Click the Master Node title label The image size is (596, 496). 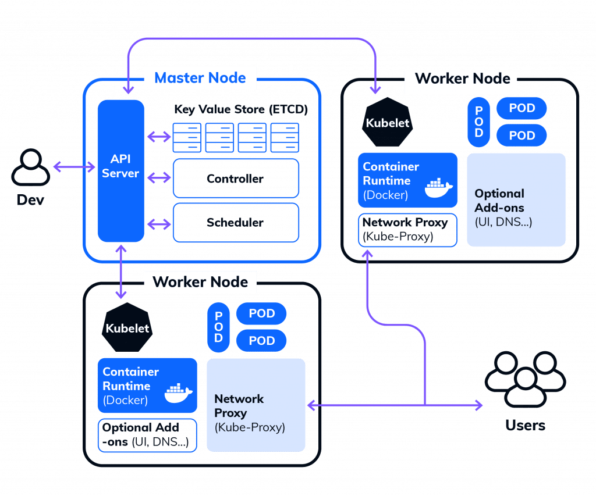point(200,78)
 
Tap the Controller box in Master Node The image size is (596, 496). point(236,179)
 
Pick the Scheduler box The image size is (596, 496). point(236,223)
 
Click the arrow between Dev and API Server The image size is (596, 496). point(74,167)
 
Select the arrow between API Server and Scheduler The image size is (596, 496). point(158,223)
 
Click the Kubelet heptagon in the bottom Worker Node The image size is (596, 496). point(127,327)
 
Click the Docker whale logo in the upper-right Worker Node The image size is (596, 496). point(438,188)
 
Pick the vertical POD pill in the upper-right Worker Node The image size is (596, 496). point(478,122)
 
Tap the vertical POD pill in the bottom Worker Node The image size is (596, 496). point(219,327)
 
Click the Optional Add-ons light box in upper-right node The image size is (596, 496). point(516,199)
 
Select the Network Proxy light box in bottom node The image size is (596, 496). point(256,405)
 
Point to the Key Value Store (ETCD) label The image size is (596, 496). point(240,109)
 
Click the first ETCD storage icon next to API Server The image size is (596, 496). point(187,137)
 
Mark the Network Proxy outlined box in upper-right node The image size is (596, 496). point(407,230)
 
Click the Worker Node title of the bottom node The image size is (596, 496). point(200,283)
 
